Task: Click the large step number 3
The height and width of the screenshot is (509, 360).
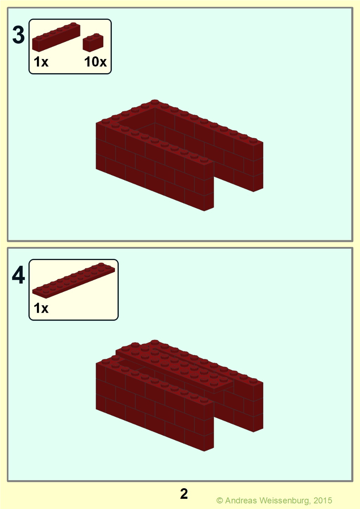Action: point(18,35)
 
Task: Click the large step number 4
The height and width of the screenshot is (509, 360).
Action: point(18,275)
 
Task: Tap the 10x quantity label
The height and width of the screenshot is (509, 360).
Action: point(95,62)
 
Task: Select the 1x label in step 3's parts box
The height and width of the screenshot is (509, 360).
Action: point(41,62)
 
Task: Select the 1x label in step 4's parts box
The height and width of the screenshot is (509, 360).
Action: point(41,308)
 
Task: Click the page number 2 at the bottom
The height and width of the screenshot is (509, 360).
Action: point(184,494)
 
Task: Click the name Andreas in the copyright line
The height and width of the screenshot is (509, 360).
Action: point(241,500)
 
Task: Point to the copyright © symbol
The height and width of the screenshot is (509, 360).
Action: point(219,501)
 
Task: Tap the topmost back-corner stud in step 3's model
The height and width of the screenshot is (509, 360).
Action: point(155,102)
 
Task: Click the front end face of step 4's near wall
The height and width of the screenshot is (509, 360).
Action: point(209,426)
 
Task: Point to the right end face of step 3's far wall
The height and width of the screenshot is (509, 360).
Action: point(258,167)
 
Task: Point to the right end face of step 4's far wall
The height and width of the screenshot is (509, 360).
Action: point(258,407)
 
